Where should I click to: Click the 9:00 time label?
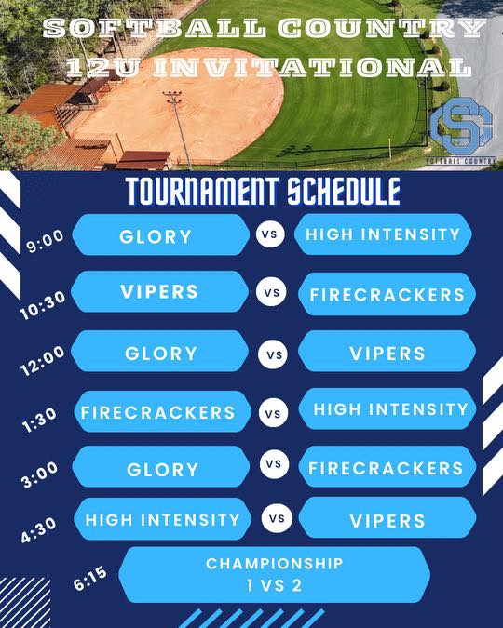(x=45, y=241)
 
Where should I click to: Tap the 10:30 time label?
(x=43, y=305)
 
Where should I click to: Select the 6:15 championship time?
(x=90, y=579)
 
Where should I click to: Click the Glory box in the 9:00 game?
(x=161, y=234)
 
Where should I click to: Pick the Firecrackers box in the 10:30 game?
(x=387, y=294)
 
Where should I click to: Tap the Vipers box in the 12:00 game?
(x=387, y=352)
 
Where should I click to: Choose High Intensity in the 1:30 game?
(x=387, y=408)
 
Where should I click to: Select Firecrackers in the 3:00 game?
(x=387, y=466)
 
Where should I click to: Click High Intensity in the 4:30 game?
(x=163, y=519)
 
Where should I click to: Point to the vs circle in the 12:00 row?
(x=273, y=354)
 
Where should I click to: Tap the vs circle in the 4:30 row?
(x=276, y=518)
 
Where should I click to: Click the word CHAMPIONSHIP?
(x=275, y=564)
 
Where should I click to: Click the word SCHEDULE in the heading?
(x=344, y=191)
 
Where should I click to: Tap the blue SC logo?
(x=461, y=127)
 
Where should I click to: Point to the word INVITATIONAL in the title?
(x=312, y=66)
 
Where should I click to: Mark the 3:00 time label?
(x=40, y=474)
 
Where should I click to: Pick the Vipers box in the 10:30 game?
(x=160, y=291)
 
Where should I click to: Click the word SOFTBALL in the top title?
(x=155, y=28)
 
